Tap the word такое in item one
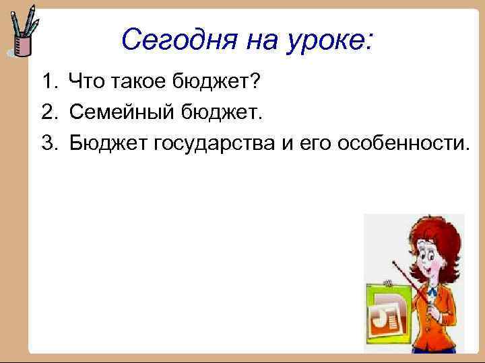coord(139,83)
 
